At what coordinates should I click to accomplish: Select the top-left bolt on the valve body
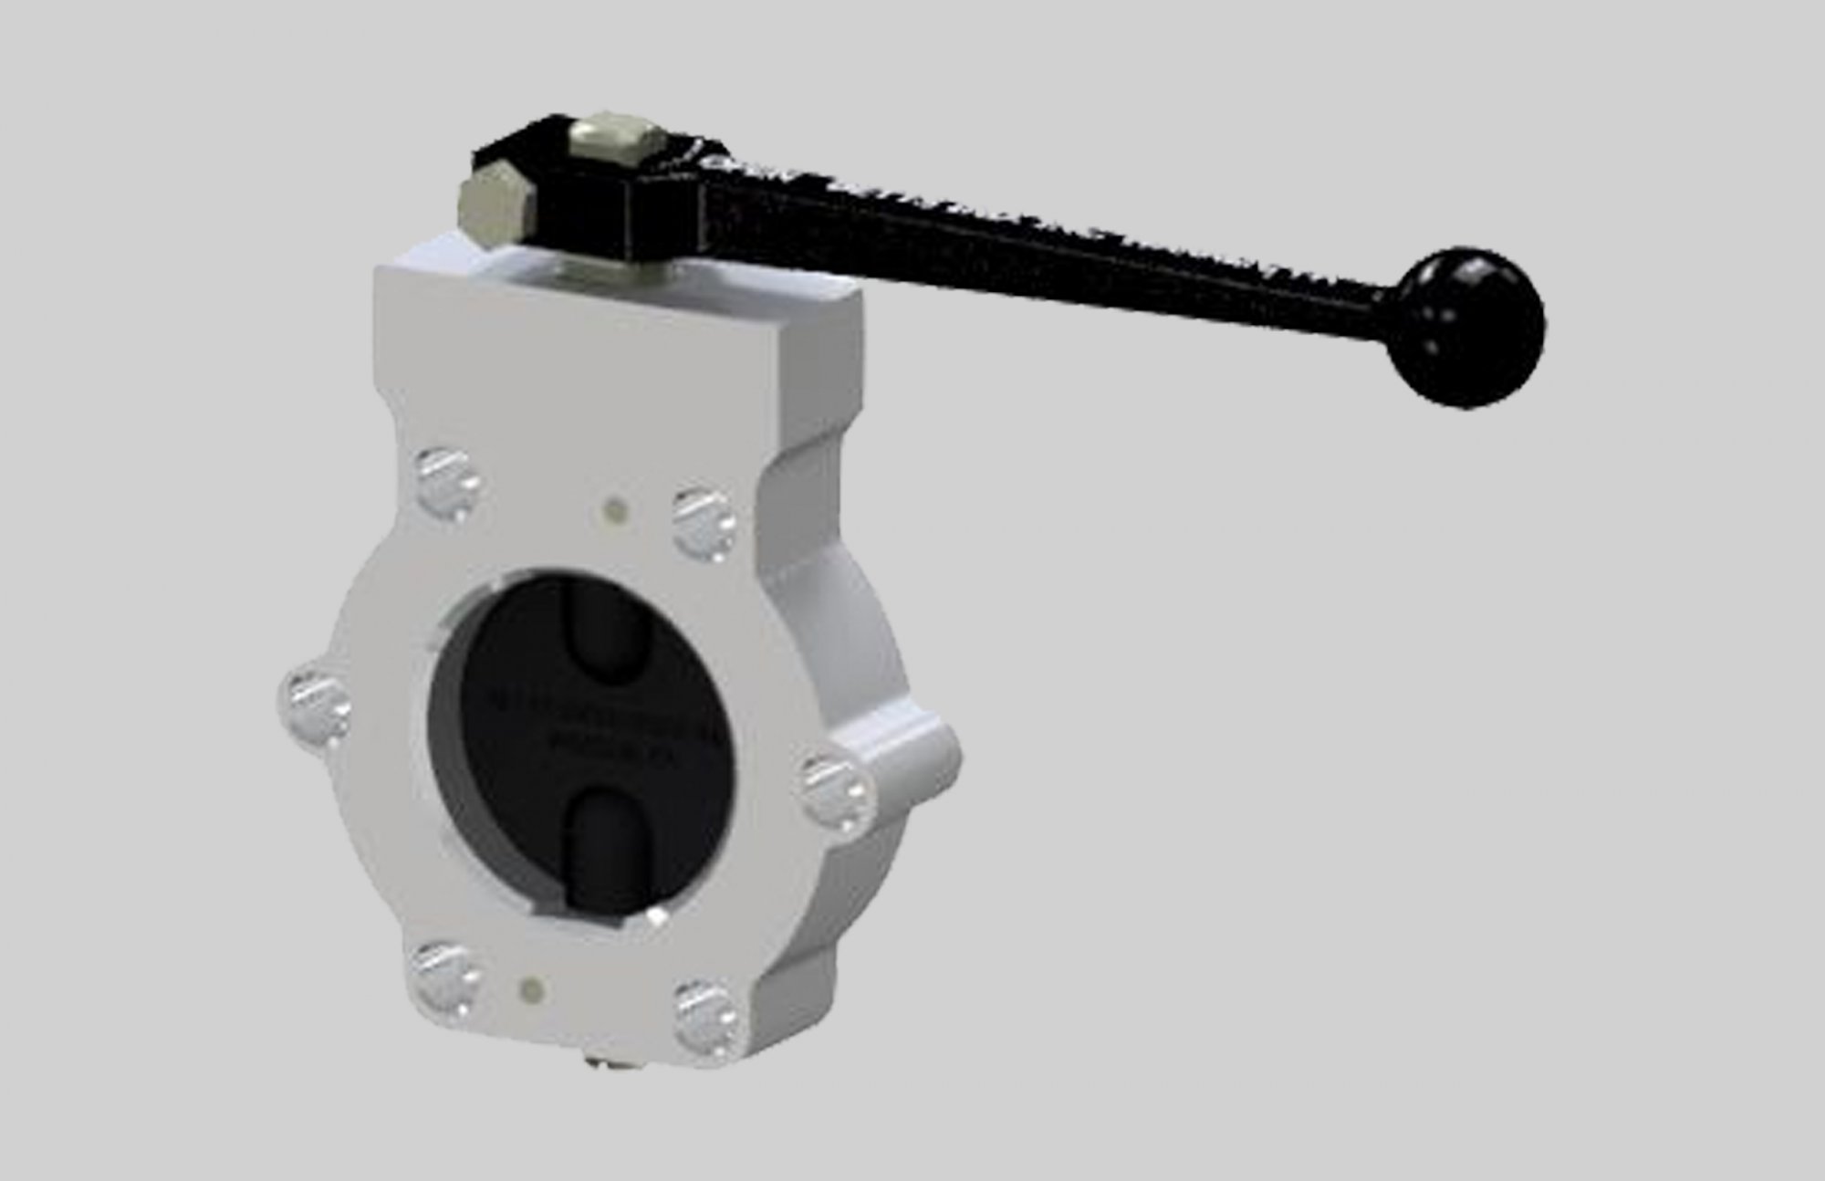[448, 479]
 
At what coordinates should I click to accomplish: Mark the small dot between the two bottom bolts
[531, 988]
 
